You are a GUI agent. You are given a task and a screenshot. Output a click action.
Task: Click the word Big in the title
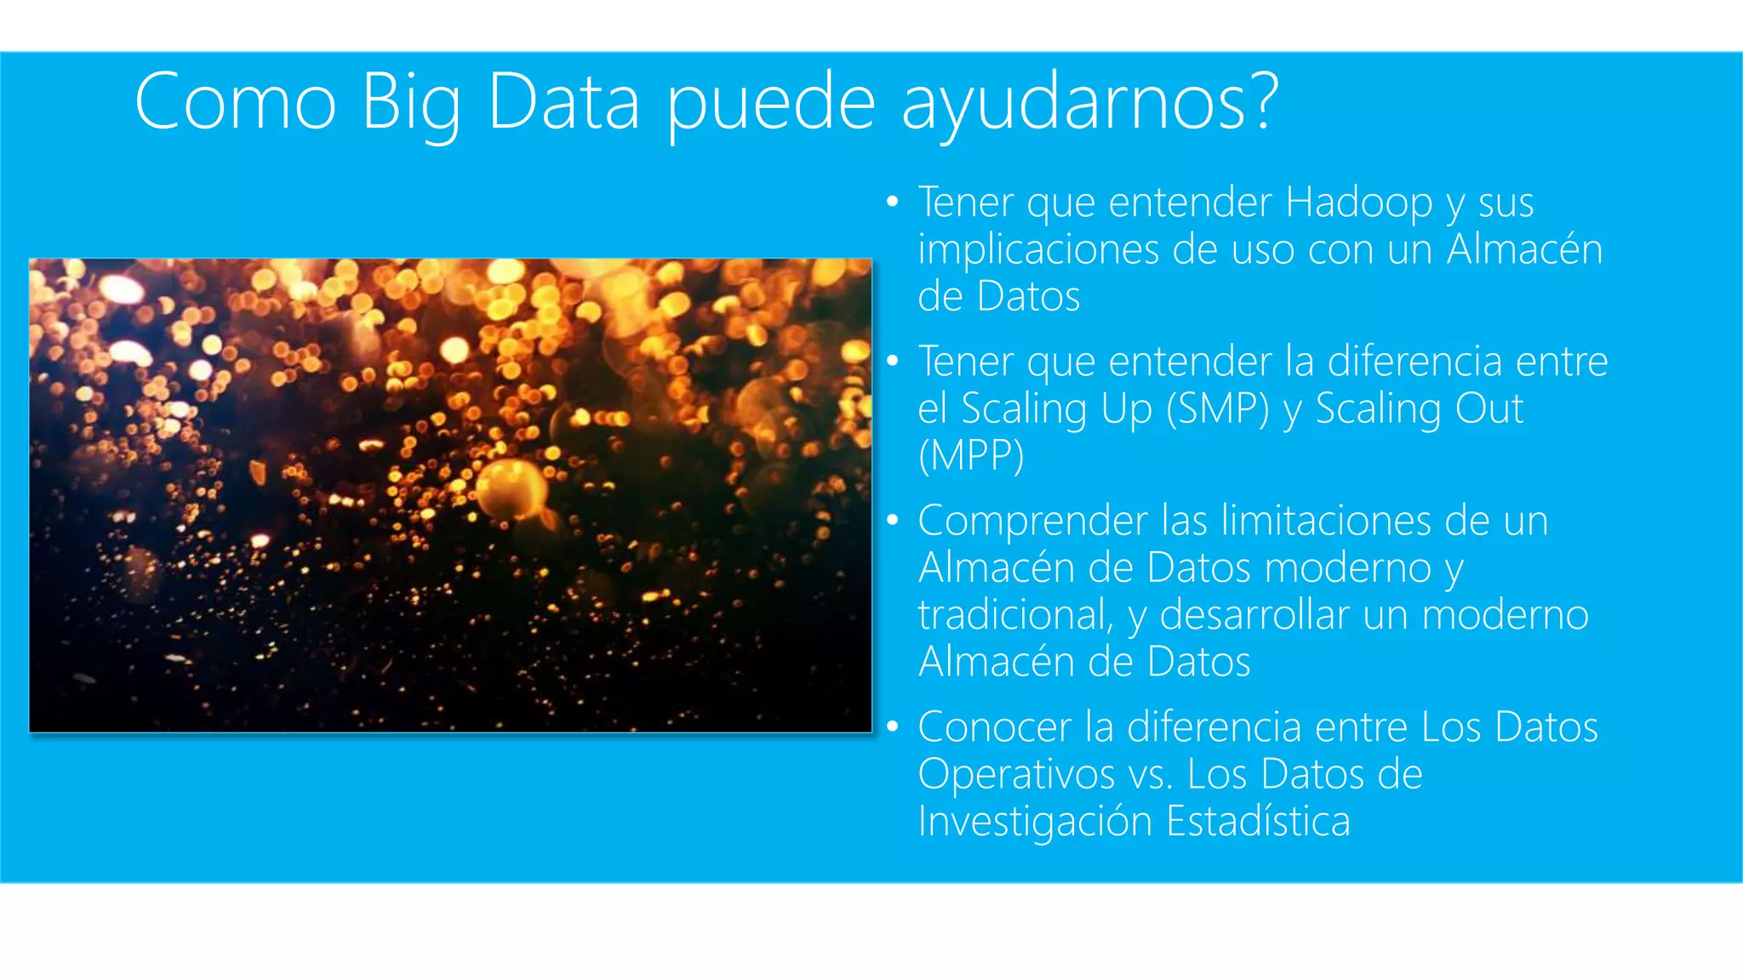pos(411,104)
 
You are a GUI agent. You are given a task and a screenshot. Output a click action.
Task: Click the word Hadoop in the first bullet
pos(1358,203)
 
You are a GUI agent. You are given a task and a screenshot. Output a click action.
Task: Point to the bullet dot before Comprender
pos(892,520)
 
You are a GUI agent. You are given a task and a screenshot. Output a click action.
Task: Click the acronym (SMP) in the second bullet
pos(1217,409)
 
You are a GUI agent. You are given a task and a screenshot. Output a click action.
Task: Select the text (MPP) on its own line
pos(970,456)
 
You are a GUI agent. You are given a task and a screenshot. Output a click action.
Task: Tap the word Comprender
pos(1032,521)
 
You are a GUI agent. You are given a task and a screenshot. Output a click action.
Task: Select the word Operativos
pos(1016,775)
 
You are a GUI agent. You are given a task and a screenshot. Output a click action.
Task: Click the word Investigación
pos(1035,823)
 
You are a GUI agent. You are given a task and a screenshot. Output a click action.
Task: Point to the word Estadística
pos(1258,822)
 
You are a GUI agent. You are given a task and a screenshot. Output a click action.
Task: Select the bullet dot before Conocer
pos(892,726)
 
